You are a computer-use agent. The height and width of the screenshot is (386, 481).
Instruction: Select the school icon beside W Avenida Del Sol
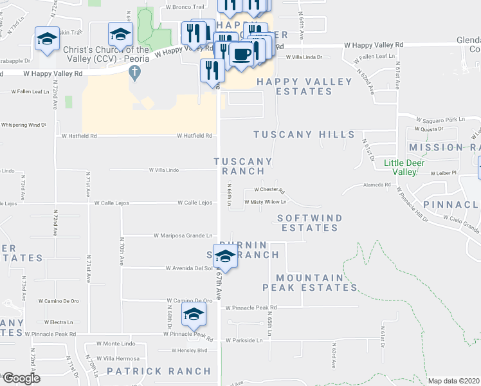click(x=223, y=257)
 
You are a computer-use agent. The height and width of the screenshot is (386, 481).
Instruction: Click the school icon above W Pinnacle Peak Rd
click(x=193, y=315)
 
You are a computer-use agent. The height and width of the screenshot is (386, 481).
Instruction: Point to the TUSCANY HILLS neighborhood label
click(x=304, y=134)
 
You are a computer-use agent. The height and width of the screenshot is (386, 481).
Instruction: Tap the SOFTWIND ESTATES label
click(x=310, y=223)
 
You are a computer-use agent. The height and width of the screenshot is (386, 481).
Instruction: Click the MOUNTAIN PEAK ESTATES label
click(x=310, y=280)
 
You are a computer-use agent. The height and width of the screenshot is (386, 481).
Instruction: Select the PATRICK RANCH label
click(x=158, y=371)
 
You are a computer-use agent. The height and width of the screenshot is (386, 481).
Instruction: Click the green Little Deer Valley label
click(x=409, y=167)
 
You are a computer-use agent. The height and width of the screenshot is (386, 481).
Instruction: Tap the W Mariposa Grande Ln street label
click(x=183, y=235)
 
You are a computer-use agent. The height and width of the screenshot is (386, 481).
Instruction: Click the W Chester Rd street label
click(x=269, y=190)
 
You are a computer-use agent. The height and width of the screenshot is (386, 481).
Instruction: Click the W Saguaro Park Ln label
click(x=440, y=120)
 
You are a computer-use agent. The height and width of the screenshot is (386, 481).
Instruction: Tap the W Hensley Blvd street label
click(x=189, y=351)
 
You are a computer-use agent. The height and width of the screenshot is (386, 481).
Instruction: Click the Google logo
click(x=21, y=378)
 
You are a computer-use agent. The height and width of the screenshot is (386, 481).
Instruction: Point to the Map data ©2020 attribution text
click(x=454, y=381)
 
